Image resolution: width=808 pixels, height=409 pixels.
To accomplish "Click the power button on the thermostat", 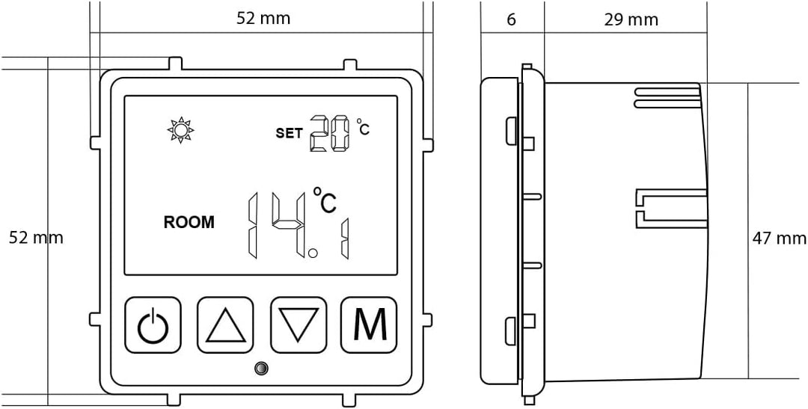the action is click(x=153, y=325).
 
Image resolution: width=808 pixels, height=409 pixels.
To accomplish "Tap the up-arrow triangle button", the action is click(x=226, y=325).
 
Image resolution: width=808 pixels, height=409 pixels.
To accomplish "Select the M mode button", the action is click(x=369, y=325).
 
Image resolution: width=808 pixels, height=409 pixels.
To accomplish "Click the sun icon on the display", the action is click(x=180, y=130).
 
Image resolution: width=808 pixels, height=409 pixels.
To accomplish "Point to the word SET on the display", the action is click(x=289, y=133).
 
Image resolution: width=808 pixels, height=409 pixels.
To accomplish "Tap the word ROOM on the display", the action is click(x=189, y=223).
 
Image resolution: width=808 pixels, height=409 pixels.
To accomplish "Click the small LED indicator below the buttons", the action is click(x=262, y=369).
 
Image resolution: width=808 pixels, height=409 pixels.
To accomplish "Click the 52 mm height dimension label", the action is click(x=36, y=238).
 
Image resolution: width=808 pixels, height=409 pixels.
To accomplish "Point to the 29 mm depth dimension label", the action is click(x=631, y=19).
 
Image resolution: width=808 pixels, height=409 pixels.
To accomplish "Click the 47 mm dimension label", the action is click(x=780, y=238).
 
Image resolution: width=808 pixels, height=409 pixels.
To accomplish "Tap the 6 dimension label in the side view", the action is click(x=511, y=19).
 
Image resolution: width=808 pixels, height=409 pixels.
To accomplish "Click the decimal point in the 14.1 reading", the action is click(x=313, y=253).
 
